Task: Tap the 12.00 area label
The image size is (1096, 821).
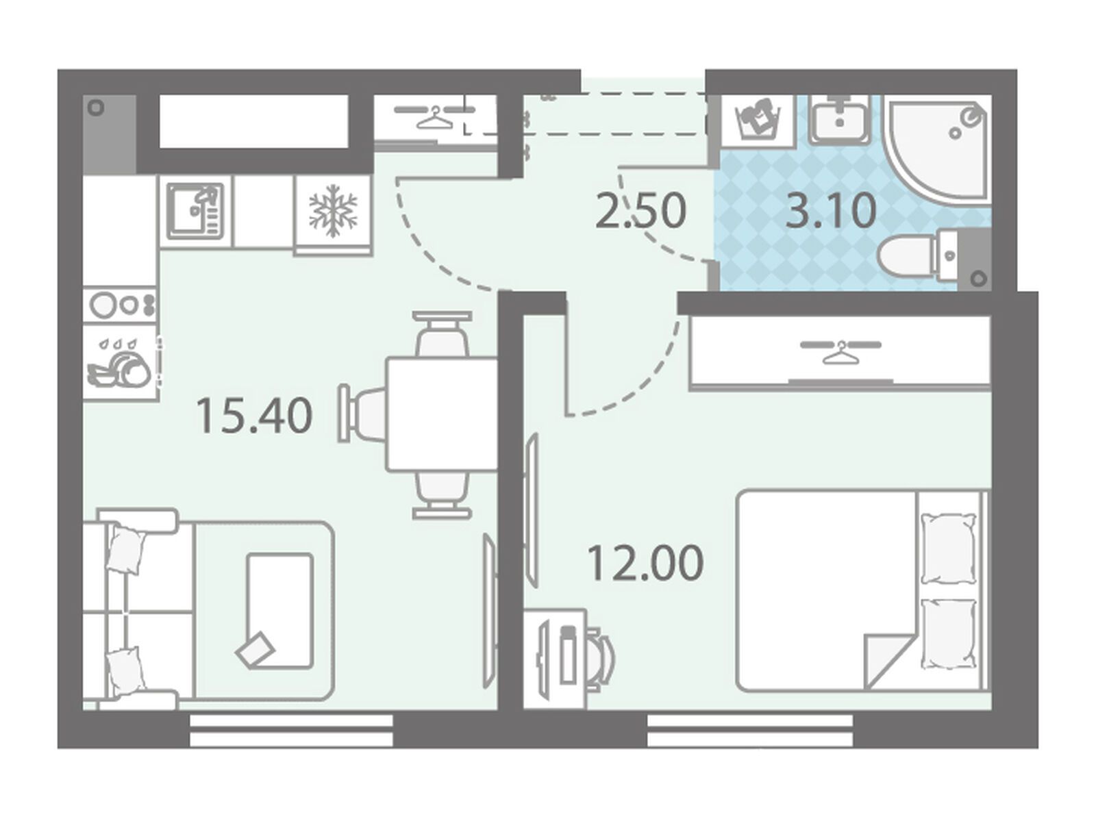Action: [646, 562]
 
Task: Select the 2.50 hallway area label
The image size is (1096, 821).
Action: [641, 211]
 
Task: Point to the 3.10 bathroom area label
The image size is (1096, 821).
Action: [831, 211]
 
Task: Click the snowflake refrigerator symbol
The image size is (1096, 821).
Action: [333, 210]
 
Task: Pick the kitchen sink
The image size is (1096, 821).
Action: [195, 211]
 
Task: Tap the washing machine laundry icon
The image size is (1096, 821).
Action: [757, 121]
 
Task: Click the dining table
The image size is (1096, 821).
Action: [442, 415]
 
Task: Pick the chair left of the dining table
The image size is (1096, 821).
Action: [362, 414]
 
